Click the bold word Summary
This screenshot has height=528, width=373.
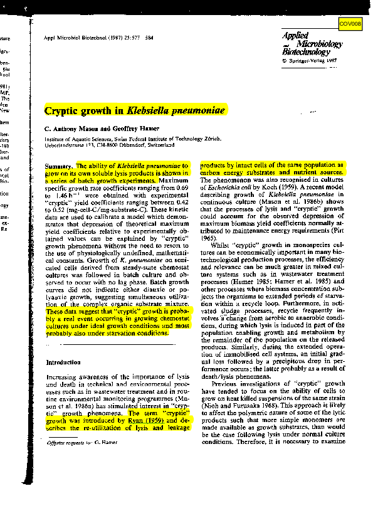point(58,165)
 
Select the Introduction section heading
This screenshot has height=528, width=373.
point(63,362)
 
